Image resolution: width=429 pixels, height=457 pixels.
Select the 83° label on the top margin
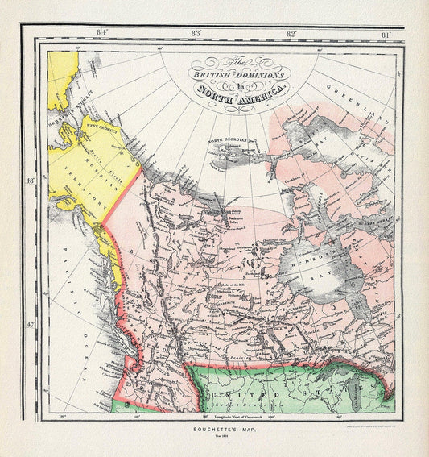[196, 33]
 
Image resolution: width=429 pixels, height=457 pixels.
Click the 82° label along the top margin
[291, 33]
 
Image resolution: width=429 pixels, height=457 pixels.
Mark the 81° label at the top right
[386, 33]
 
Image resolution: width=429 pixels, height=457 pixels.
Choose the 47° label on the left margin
[31, 326]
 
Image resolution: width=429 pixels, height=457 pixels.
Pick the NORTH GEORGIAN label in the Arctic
[228, 140]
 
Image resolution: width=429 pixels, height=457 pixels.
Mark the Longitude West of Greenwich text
[223, 415]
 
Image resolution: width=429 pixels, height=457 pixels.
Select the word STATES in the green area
[346, 387]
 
